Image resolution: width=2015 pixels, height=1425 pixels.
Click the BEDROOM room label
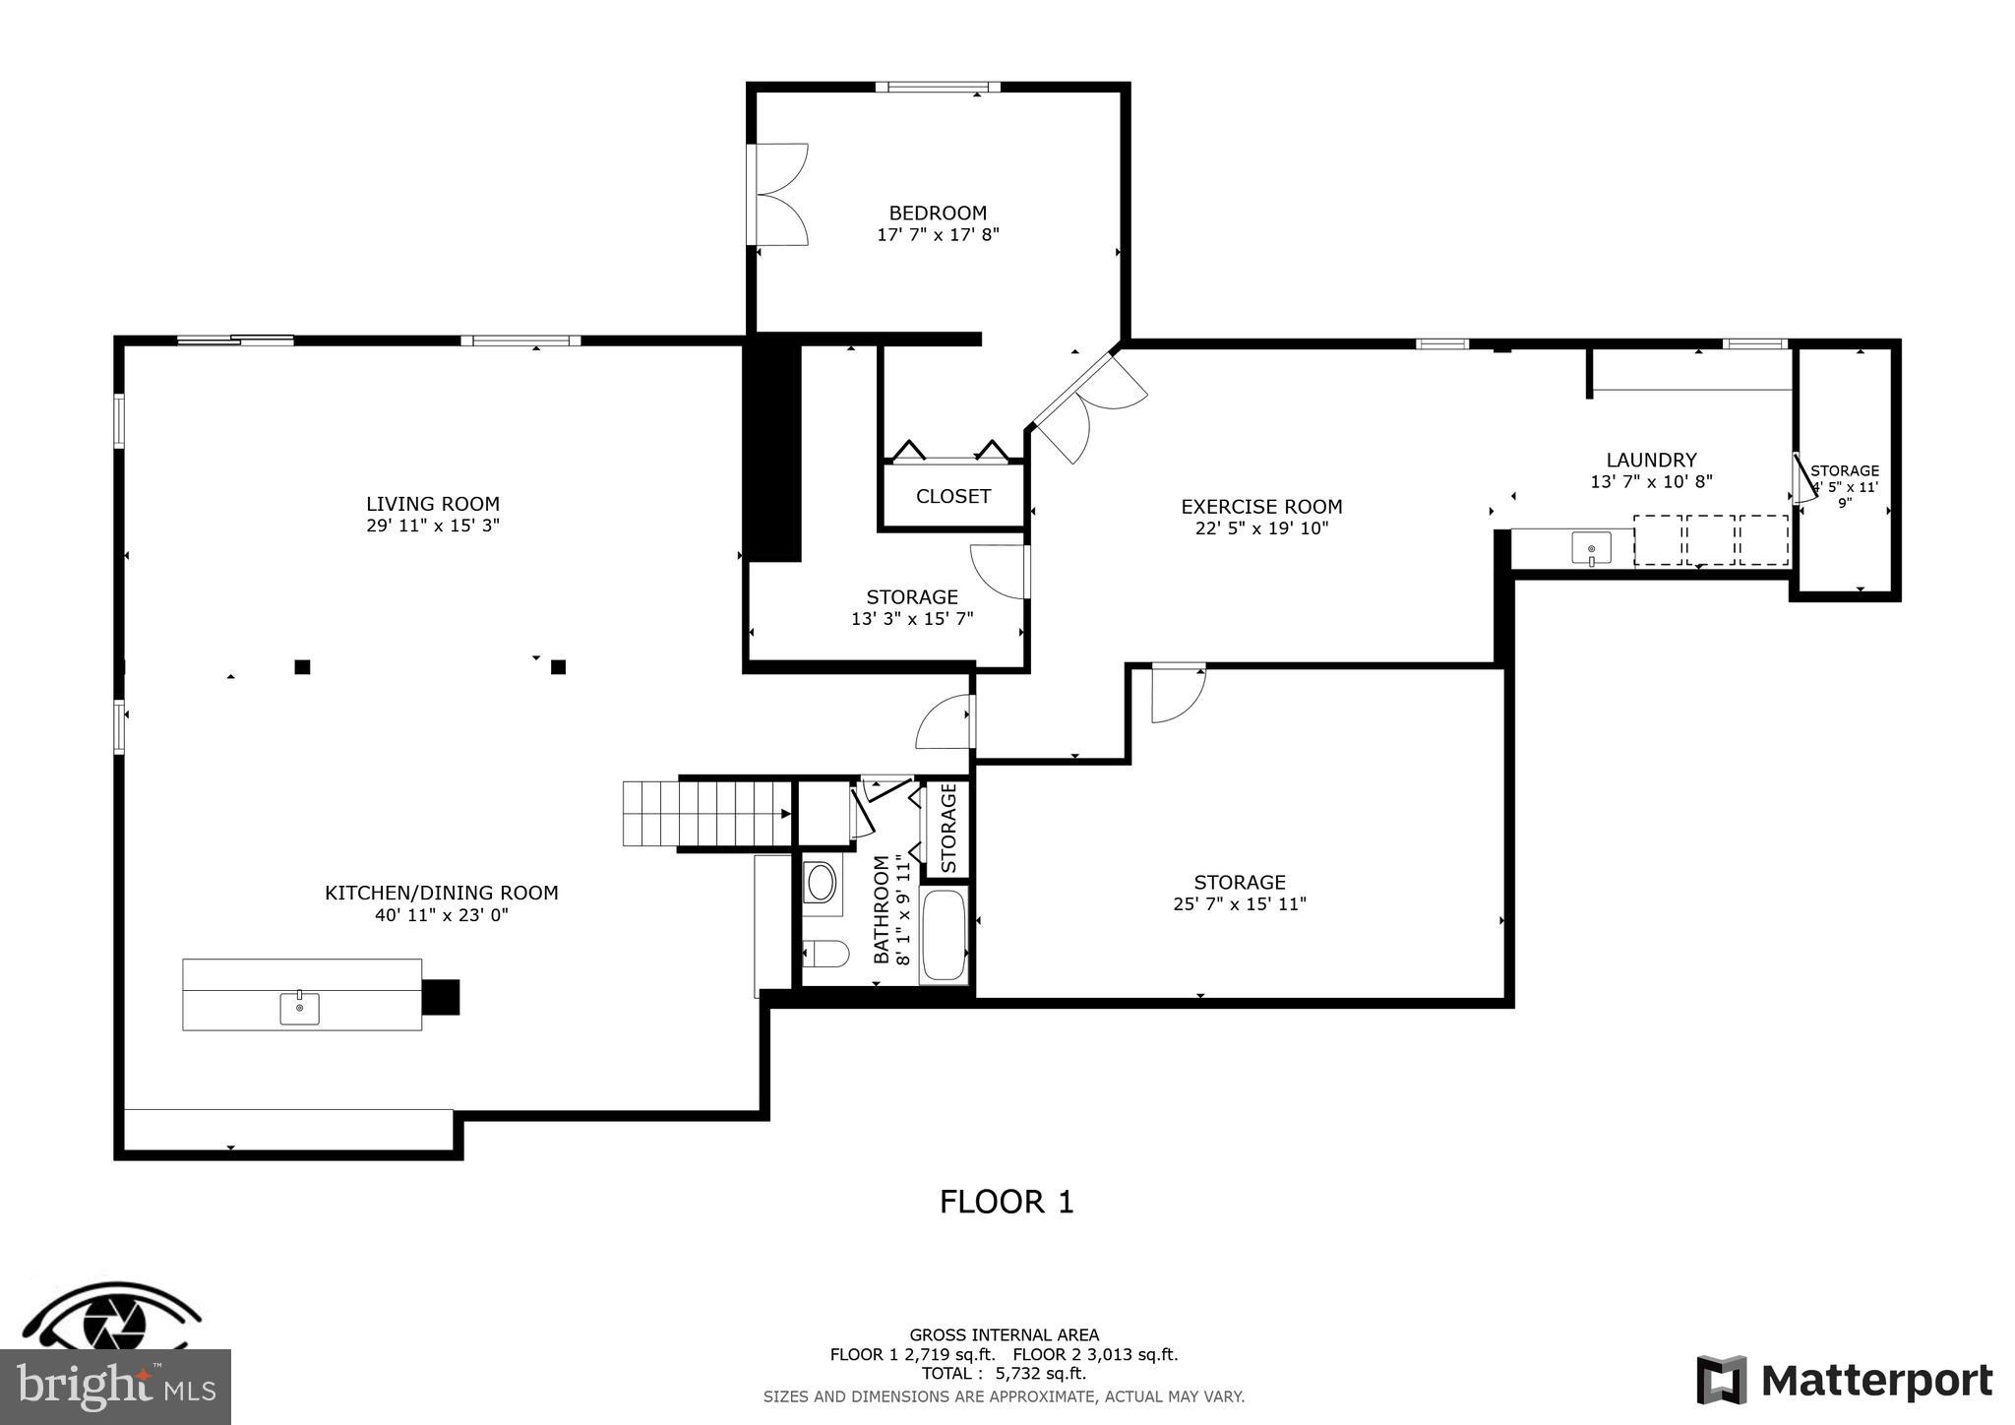[x=937, y=213]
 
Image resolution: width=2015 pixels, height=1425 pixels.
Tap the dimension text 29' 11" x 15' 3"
[x=433, y=526]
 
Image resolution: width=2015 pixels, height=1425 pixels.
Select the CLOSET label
[x=952, y=496]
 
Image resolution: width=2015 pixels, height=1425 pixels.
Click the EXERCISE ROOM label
[x=1260, y=507]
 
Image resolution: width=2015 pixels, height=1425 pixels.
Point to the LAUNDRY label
[x=1651, y=460]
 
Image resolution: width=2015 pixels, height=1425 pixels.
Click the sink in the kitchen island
[x=299, y=1008]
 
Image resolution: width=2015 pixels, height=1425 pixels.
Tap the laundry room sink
[x=1591, y=548]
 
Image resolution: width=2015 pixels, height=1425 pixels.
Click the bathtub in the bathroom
[x=944, y=935]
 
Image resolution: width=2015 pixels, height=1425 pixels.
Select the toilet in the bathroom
[x=824, y=954]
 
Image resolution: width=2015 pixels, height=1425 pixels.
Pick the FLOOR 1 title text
[x=1006, y=1202]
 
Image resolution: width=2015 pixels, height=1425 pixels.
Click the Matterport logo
[x=1844, y=1380]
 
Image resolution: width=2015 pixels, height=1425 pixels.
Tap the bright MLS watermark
[x=115, y=1388]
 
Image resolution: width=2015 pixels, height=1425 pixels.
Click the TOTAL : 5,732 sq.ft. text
[x=1004, y=1374]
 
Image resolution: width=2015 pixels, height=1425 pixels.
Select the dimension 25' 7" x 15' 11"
[x=1239, y=903]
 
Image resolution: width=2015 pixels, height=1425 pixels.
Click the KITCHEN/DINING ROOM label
[x=441, y=893]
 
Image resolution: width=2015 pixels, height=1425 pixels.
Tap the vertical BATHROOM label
[x=882, y=909]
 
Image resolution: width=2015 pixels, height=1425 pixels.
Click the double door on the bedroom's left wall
[x=777, y=194]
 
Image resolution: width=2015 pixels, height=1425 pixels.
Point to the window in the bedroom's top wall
[x=938, y=88]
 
